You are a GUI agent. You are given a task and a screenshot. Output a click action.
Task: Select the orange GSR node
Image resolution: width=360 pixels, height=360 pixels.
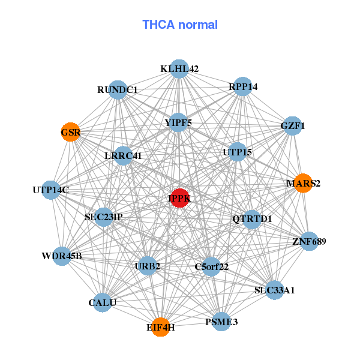(71, 132)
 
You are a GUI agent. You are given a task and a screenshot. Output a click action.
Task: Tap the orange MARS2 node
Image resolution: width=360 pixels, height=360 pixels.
(303, 183)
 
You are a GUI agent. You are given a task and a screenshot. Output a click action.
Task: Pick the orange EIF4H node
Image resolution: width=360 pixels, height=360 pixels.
(160, 327)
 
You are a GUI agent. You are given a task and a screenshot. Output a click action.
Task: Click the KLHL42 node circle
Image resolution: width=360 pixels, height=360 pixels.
(179, 69)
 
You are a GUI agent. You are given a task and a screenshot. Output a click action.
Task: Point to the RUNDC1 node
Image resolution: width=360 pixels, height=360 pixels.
(118, 90)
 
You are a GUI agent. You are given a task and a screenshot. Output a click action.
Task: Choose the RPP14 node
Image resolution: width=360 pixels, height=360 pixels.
(243, 86)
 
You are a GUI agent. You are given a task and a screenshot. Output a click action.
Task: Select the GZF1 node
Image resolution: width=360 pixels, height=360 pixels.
(293, 126)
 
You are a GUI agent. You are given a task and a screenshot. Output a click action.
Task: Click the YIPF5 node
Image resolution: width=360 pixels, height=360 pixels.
(178, 123)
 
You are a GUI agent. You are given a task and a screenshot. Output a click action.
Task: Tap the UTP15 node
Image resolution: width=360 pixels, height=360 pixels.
(237, 152)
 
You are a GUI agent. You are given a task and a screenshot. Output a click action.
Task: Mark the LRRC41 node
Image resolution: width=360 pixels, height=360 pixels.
(122, 156)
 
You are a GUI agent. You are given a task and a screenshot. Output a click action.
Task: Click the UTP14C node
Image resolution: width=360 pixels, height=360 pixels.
(51, 190)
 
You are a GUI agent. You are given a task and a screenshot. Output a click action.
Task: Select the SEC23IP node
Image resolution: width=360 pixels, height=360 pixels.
(104, 217)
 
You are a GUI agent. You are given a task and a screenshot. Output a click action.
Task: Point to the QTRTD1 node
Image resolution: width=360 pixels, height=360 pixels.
(252, 218)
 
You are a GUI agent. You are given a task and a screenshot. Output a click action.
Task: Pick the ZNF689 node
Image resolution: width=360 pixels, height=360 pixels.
(309, 242)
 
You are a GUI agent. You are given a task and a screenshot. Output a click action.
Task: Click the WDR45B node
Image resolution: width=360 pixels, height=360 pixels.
(62, 257)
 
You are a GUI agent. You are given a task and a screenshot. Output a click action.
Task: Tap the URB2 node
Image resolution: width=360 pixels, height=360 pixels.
(148, 265)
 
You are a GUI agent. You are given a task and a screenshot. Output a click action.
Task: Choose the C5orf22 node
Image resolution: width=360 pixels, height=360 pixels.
(211, 266)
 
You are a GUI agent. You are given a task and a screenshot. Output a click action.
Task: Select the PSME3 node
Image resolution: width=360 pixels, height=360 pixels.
(221, 322)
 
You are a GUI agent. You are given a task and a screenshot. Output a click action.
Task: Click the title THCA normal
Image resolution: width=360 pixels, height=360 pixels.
(180, 25)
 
